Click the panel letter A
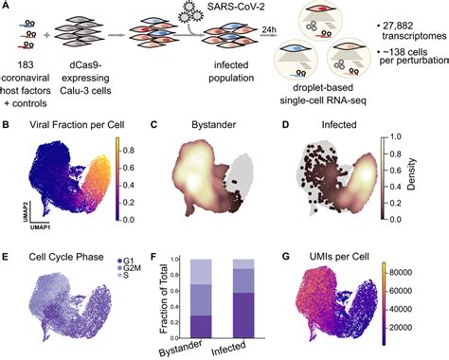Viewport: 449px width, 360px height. click(7, 7)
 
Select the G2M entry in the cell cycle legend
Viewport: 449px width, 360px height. click(122, 269)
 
